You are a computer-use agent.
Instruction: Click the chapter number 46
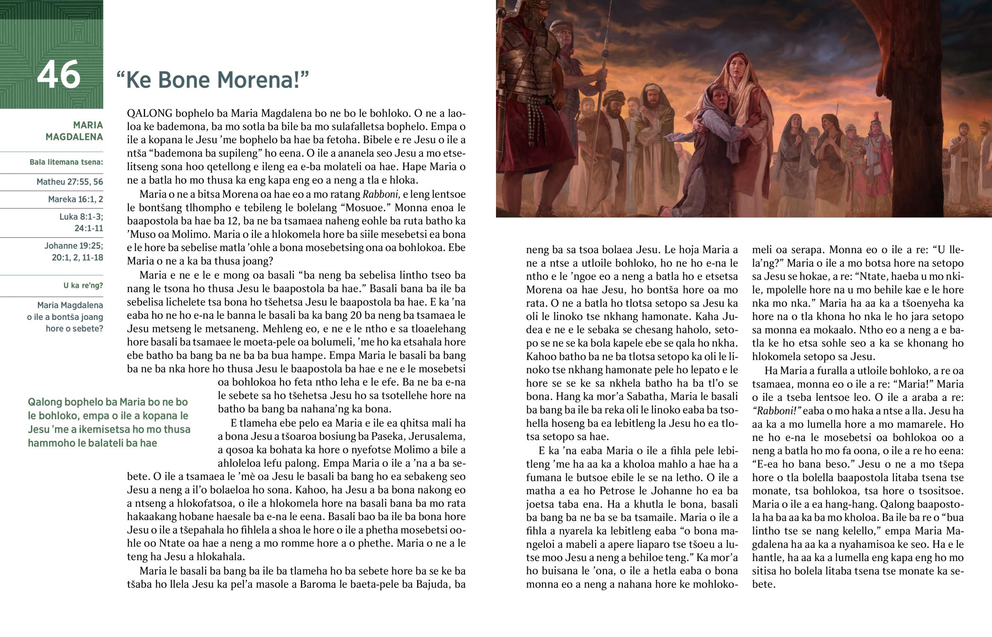click(x=58, y=75)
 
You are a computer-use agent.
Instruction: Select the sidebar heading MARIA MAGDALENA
click(x=74, y=131)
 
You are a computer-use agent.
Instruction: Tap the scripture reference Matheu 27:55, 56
click(x=69, y=182)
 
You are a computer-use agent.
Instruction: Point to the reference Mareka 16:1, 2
click(x=75, y=199)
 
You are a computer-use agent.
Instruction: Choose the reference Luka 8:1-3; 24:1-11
click(x=81, y=223)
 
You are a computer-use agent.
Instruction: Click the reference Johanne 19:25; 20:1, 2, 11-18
click(x=74, y=251)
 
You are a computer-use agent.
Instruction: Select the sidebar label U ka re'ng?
click(x=83, y=286)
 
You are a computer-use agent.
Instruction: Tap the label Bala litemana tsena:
click(x=66, y=162)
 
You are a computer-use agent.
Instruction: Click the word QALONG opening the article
click(x=150, y=114)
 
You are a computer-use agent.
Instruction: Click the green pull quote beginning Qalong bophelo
click(x=109, y=422)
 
